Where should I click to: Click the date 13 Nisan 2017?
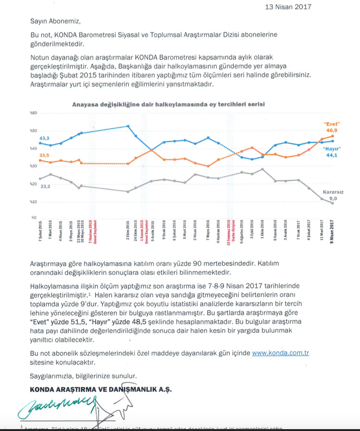coord(288,6)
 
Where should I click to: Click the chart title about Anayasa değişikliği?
coord(168,104)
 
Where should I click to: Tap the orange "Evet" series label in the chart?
coord(332,124)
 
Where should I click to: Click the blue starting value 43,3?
coord(45,138)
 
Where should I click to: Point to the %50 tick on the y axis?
coord(33,131)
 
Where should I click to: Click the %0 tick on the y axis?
coord(33,218)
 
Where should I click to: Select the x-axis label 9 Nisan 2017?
coord(332,232)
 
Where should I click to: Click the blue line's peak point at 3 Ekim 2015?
coord(128,126)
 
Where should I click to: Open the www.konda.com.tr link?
coord(280,353)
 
